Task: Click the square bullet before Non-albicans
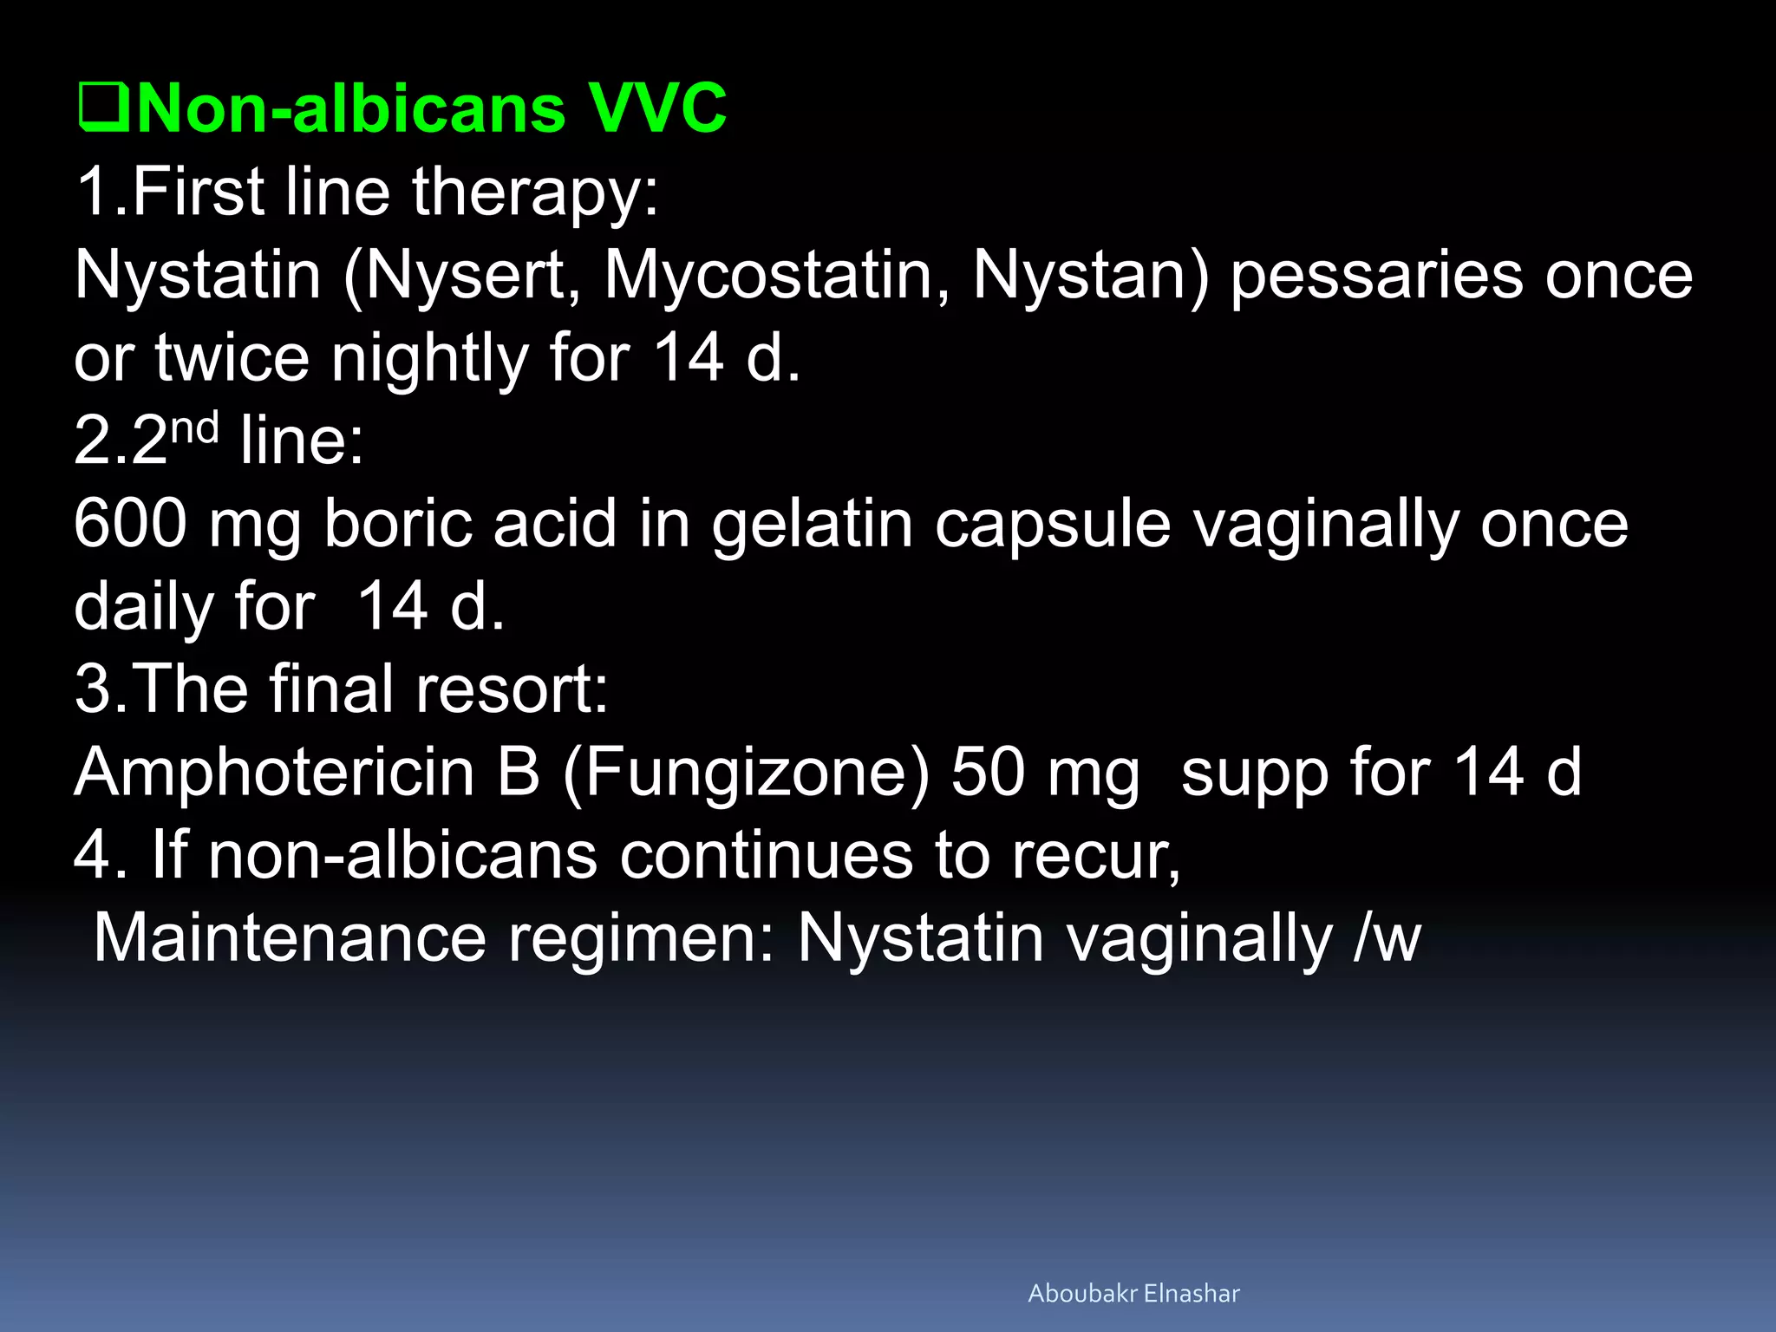click(103, 108)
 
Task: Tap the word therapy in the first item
click(534, 193)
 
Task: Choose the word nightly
click(429, 358)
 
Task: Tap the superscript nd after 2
click(194, 428)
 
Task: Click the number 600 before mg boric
click(130, 524)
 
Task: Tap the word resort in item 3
click(512, 689)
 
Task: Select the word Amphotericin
click(274, 772)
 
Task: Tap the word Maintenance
click(290, 938)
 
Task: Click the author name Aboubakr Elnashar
click(1133, 1294)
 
